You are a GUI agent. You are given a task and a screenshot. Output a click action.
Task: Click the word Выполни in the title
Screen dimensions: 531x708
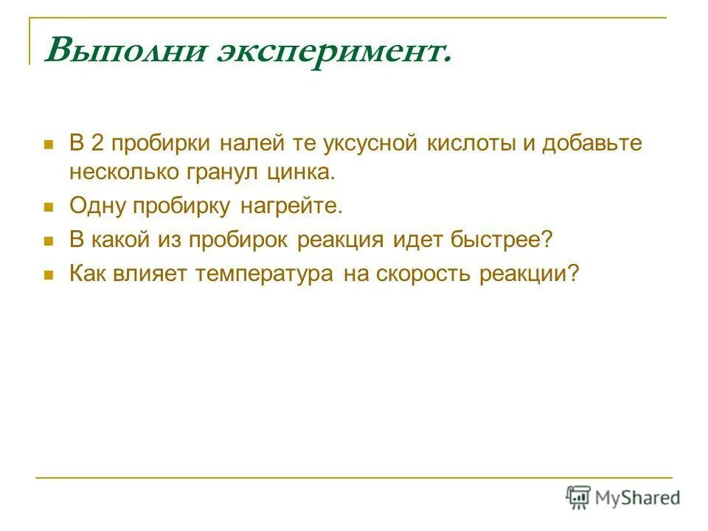pos(125,51)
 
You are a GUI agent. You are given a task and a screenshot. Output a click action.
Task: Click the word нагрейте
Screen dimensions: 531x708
pos(292,206)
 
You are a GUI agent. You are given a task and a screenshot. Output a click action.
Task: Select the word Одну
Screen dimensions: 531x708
pos(97,206)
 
